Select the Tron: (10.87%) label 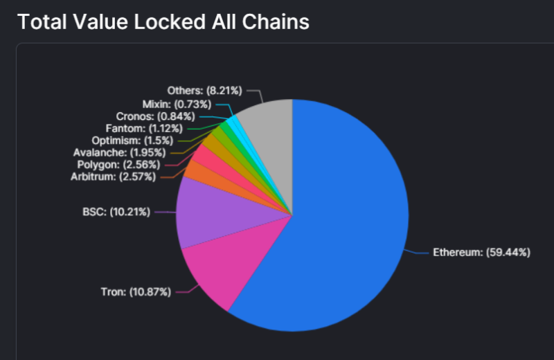pyautogui.click(x=135, y=292)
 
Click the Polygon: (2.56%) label pyautogui.click(x=116, y=165)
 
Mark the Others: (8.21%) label pyautogui.click(x=204, y=91)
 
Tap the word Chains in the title pyautogui.click(x=274, y=21)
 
